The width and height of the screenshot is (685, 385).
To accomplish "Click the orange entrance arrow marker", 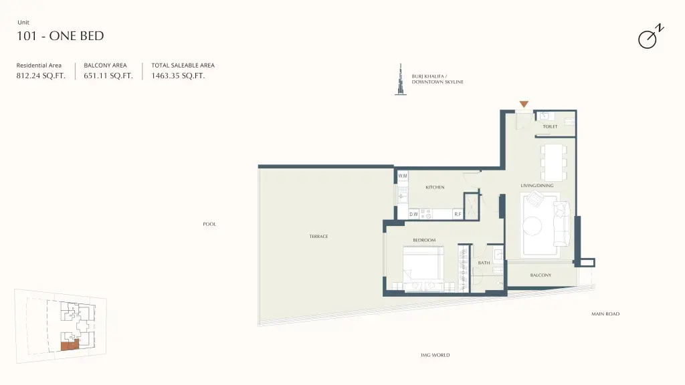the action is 524,104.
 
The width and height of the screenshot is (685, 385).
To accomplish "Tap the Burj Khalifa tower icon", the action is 400,80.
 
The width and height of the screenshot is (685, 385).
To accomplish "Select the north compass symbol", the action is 650,36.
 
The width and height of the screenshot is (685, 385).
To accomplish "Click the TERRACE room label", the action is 318,236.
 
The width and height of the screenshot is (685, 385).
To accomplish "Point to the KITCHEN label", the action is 435,187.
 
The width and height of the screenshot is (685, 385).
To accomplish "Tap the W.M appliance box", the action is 402,176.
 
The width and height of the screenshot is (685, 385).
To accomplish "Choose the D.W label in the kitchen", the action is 413,215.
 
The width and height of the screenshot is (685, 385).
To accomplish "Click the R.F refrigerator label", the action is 458,215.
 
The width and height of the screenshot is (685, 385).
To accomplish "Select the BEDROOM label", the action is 424,240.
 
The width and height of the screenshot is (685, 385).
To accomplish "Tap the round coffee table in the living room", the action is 532,226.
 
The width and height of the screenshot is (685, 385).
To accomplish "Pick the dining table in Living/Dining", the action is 553,162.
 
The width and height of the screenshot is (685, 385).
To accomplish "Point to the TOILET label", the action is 550,126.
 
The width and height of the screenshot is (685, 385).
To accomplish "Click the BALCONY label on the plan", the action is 541,275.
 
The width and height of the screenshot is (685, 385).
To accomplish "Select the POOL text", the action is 209,224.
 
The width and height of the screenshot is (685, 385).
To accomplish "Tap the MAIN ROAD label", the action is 605,314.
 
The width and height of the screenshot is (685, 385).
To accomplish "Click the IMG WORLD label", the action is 435,355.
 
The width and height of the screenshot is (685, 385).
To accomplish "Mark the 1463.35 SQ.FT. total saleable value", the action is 178,76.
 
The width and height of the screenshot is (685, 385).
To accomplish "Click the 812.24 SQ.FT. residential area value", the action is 41,76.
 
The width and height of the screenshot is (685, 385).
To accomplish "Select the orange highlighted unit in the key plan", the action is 70,346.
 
